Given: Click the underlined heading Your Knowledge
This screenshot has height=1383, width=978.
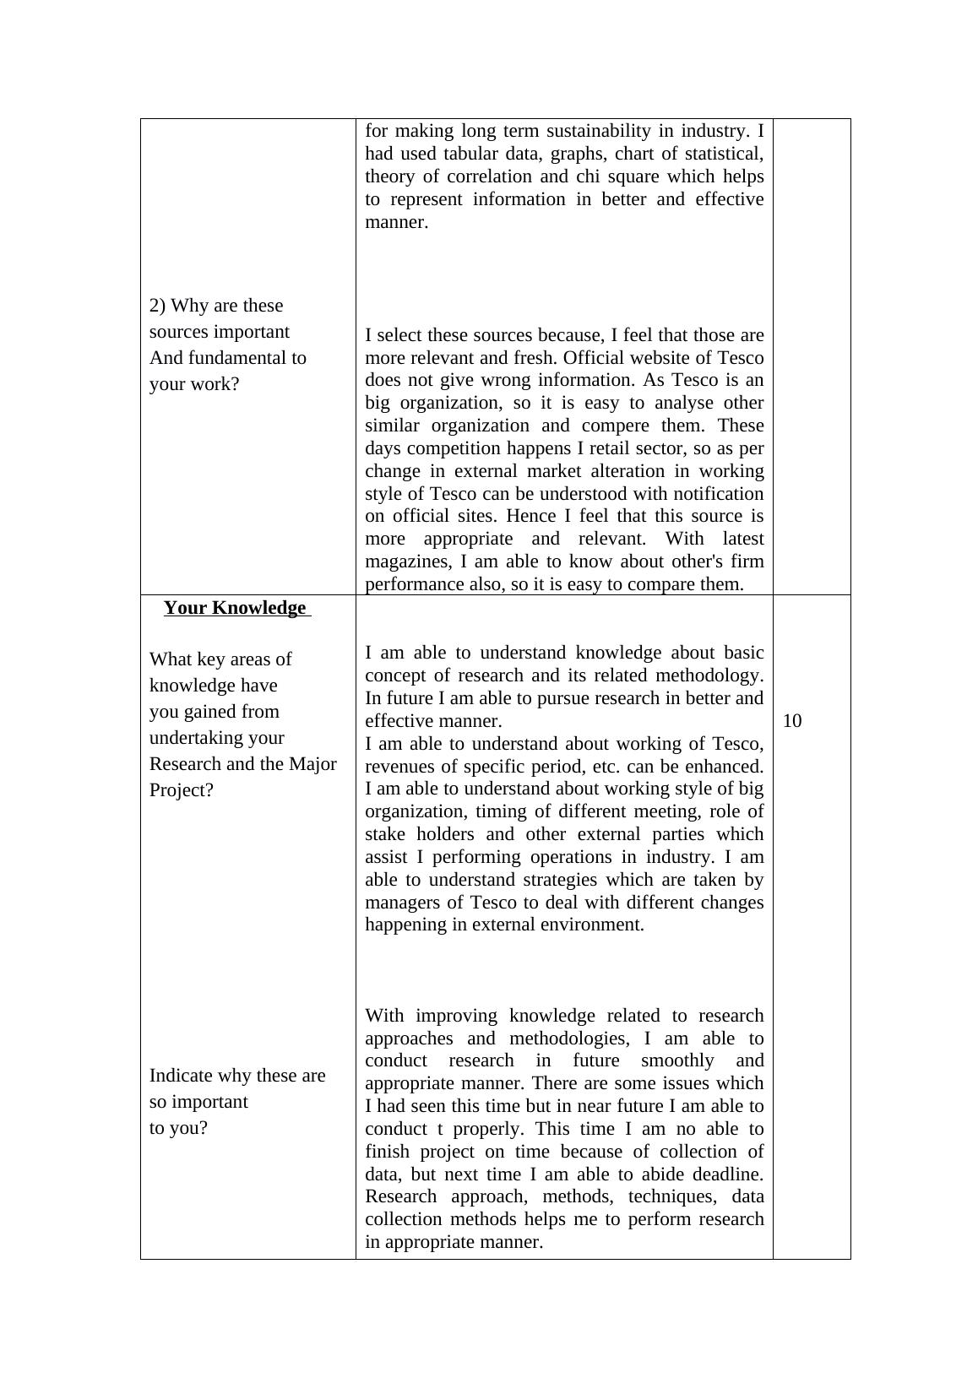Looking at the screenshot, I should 235,608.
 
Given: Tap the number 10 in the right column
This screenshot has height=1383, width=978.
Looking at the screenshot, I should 791,721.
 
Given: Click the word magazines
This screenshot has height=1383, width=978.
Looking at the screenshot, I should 404,561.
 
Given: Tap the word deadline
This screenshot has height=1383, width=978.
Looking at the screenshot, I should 727,1174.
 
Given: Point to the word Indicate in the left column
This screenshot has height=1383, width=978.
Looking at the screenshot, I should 181,1076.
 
